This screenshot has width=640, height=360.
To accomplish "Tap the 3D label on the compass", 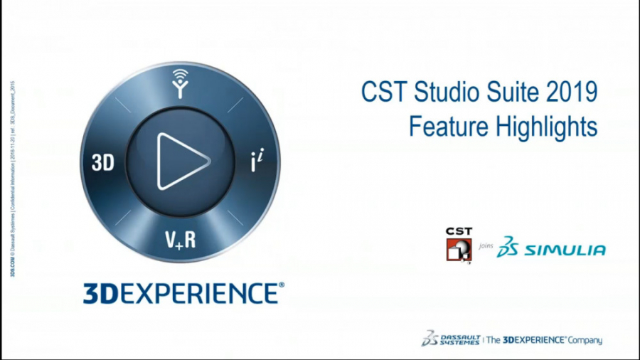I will click(103, 163).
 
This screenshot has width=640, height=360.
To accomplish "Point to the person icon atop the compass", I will click(181, 85).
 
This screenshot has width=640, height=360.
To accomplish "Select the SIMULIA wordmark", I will click(565, 250).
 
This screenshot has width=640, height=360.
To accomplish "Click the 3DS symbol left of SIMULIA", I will click(508, 246).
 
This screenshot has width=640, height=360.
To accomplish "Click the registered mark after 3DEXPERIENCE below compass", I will click(282, 285).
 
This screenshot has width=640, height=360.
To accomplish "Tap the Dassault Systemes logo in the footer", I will click(451, 339).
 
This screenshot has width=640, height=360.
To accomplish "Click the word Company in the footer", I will click(585, 340).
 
